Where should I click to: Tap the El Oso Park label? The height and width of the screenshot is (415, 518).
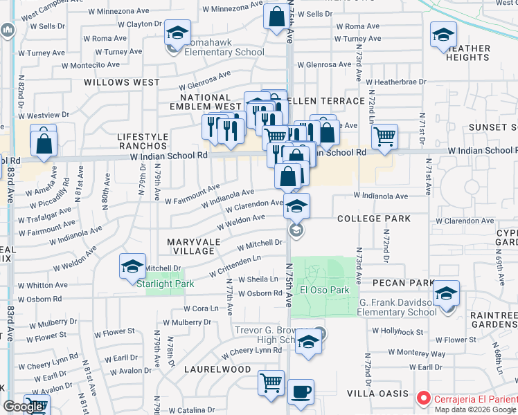point(324,290)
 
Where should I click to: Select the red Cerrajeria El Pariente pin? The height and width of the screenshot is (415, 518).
point(424,399)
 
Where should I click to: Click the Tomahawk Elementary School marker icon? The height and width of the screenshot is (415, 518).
point(177,33)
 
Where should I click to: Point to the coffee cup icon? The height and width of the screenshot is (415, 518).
point(301,391)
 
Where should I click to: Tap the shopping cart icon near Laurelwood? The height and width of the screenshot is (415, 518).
point(271,382)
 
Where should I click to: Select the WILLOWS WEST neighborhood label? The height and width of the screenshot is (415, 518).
point(122,82)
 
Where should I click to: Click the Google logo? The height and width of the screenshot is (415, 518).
point(23,407)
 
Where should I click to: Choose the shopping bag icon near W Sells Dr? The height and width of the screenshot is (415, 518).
point(276,17)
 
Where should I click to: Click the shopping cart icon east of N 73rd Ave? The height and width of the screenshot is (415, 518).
point(384,136)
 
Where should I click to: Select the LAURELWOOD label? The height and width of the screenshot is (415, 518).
point(217,369)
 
